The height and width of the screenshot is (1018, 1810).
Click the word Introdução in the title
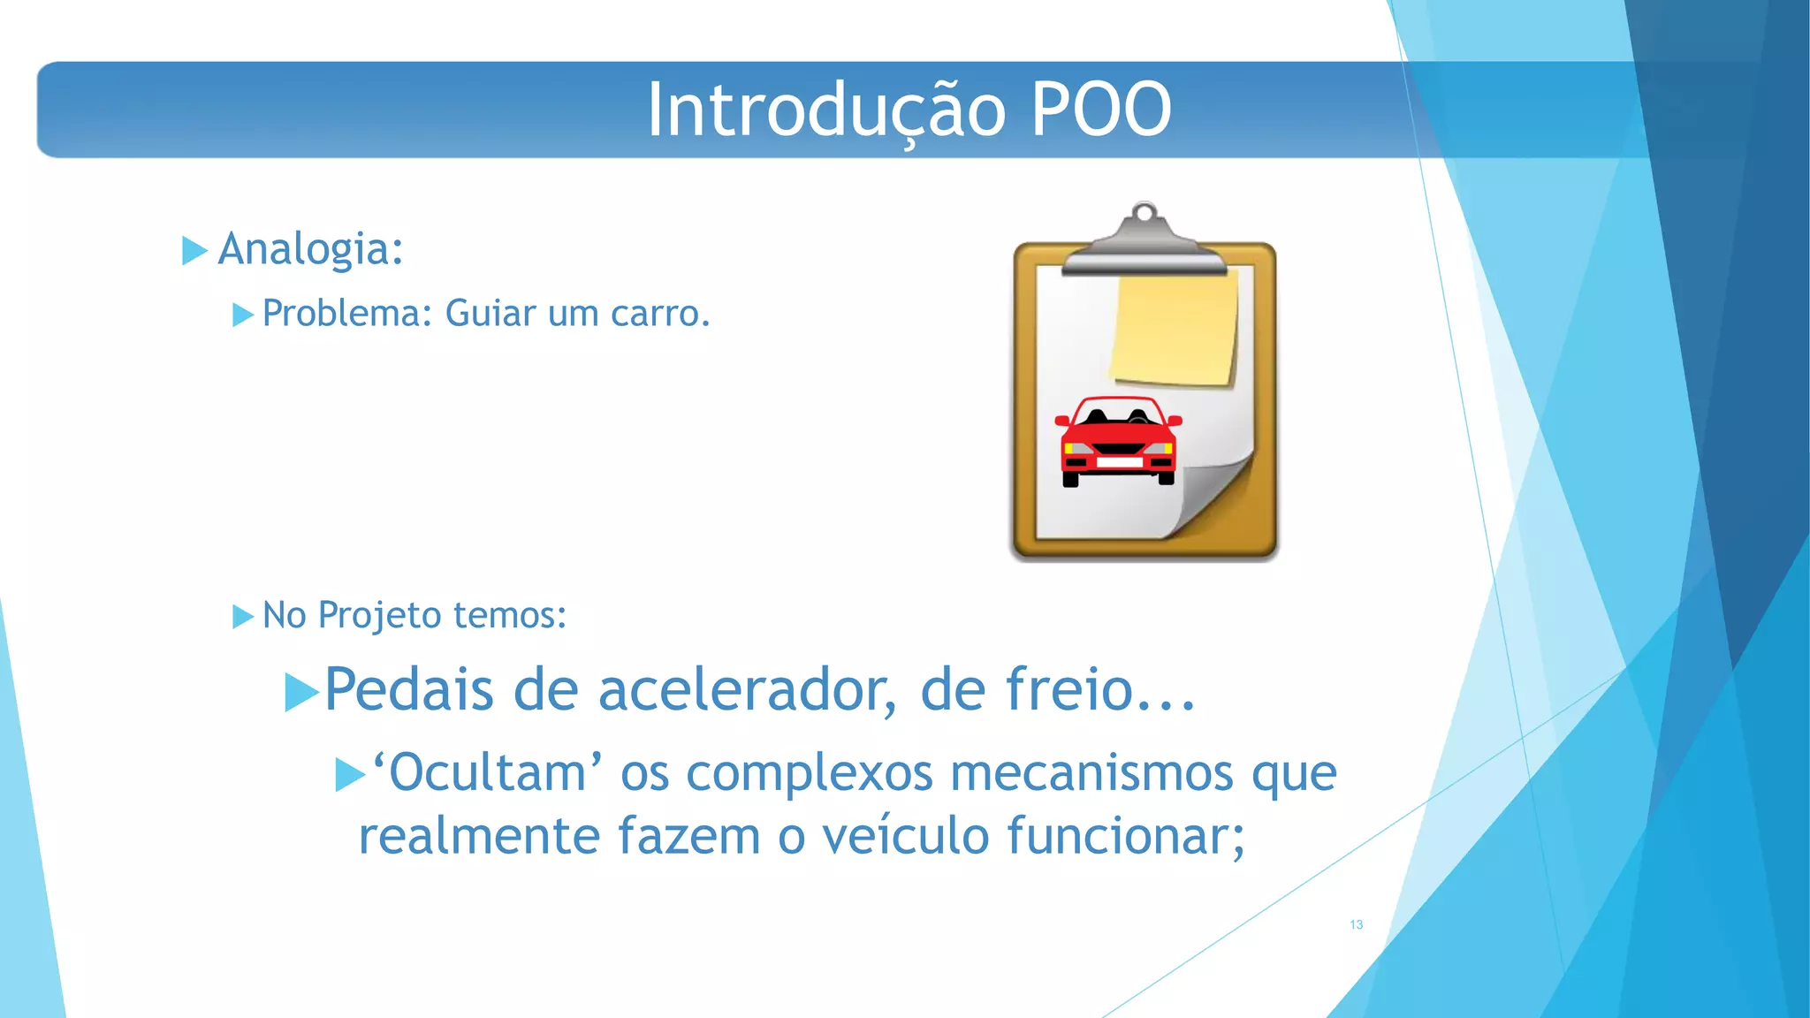tap(826, 110)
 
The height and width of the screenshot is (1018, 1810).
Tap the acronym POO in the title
tap(1101, 110)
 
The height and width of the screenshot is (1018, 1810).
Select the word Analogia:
tap(310, 249)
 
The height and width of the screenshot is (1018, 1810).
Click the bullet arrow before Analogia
tap(194, 250)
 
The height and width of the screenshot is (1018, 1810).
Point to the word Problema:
tap(346, 314)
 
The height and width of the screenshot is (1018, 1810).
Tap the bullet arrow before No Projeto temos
tap(242, 616)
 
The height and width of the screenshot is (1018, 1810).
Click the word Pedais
tap(408, 690)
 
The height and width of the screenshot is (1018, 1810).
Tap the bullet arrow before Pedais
tap(301, 692)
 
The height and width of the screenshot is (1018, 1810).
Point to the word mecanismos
tap(1091, 773)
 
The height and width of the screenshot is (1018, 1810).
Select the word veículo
tap(905, 836)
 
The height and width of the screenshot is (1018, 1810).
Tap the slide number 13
tap(1356, 924)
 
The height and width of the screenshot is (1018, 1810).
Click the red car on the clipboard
tap(1118, 442)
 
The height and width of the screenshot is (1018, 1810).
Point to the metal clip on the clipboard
tap(1144, 243)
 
